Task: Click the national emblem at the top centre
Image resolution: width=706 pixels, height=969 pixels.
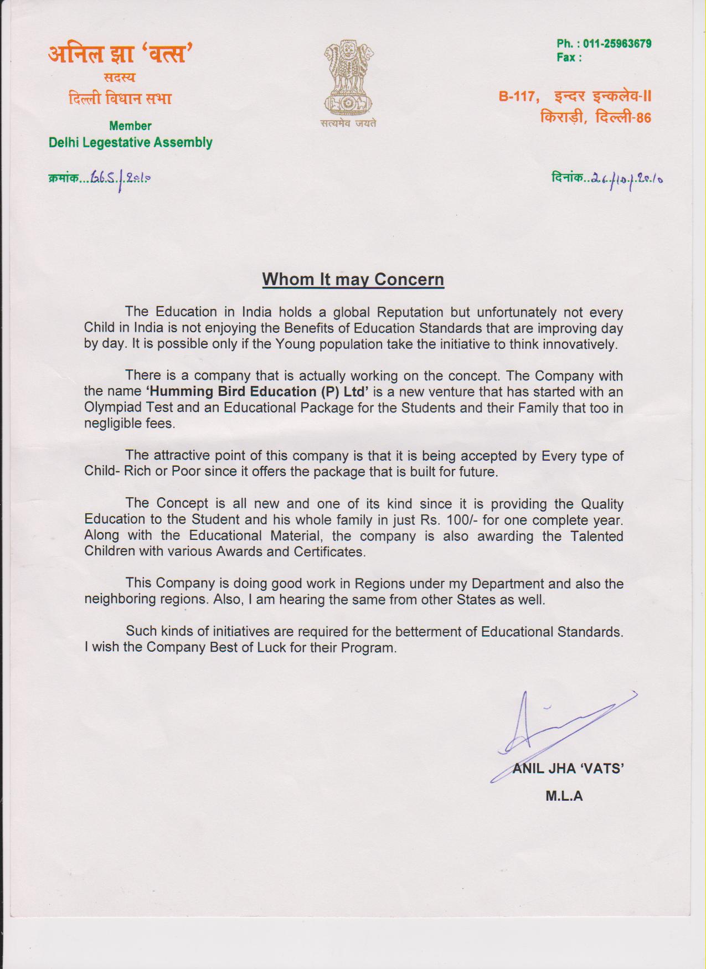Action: (348, 78)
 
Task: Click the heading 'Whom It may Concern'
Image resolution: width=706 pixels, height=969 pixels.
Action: (353, 279)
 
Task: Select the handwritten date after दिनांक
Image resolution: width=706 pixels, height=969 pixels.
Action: (627, 179)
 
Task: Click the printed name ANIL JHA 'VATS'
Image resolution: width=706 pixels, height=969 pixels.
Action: (568, 768)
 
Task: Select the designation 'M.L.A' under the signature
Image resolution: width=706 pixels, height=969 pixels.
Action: (564, 796)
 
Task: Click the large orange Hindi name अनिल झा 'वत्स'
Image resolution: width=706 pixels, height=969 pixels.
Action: (120, 54)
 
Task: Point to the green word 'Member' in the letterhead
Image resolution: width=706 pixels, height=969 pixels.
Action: (130, 126)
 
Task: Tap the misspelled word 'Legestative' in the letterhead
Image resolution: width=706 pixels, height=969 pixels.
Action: (117, 143)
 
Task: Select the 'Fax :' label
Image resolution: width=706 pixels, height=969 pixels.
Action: (569, 58)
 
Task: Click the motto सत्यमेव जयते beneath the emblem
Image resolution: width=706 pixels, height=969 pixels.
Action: (348, 123)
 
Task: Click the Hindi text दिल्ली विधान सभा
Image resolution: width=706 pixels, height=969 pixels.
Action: (120, 99)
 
